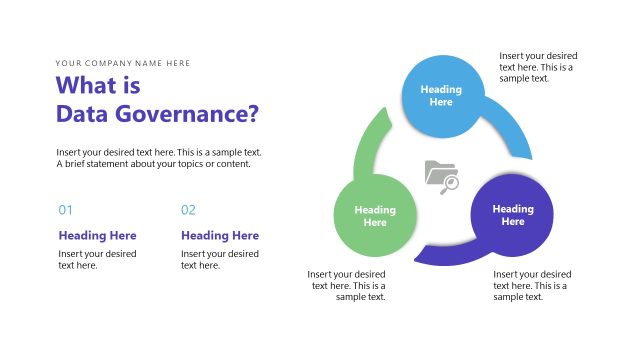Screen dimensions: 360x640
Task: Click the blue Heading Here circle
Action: click(441, 95)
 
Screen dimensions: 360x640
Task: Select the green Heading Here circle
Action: click(375, 216)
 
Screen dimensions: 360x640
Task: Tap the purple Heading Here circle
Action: click(512, 215)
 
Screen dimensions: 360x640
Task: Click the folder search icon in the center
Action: click(441, 176)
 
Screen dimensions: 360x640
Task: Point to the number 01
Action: click(66, 210)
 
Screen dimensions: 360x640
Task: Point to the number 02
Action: click(188, 210)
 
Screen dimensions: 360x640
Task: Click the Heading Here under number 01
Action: click(97, 236)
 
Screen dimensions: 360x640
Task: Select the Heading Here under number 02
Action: click(219, 236)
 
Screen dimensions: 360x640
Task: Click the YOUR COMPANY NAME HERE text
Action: click(123, 63)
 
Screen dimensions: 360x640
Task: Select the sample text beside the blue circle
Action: click(538, 67)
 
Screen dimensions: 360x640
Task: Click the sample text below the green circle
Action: click(347, 285)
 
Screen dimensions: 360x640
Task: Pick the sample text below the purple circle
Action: click(532, 285)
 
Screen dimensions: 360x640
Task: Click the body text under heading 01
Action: click(97, 259)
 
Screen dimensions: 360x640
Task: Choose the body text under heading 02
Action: click(219, 259)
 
